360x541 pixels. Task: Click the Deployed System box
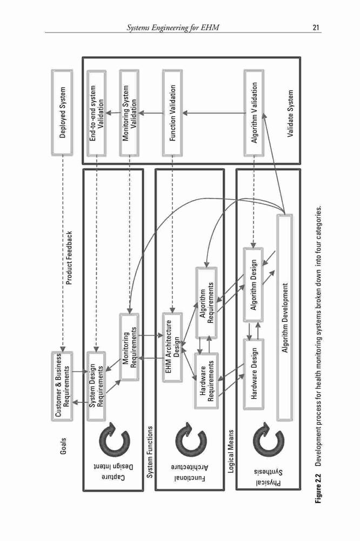click(62, 113)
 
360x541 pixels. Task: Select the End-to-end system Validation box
click(96, 113)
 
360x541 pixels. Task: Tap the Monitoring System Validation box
click(129, 113)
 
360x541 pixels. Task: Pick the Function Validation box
click(172, 113)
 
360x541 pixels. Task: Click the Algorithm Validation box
click(254, 113)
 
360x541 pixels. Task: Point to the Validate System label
click(291, 114)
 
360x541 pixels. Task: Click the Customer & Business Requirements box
click(62, 386)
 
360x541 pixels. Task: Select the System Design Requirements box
click(96, 386)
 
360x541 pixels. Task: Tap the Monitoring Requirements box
click(129, 347)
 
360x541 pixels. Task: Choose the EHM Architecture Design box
click(172, 347)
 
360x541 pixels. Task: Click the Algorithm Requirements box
click(206, 302)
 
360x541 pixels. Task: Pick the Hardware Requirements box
click(206, 380)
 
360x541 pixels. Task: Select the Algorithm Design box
click(254, 285)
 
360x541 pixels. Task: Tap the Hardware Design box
click(254, 374)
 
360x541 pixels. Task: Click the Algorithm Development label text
click(285, 318)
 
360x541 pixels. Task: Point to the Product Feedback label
click(69, 258)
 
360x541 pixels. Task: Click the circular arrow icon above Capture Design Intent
click(114, 438)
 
